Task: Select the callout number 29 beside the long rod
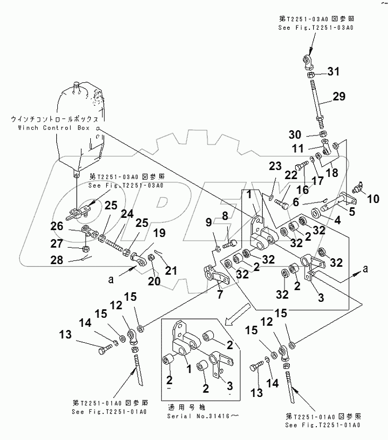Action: (x=338, y=96)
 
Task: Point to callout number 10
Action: (x=373, y=199)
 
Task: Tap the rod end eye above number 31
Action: (x=311, y=62)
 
